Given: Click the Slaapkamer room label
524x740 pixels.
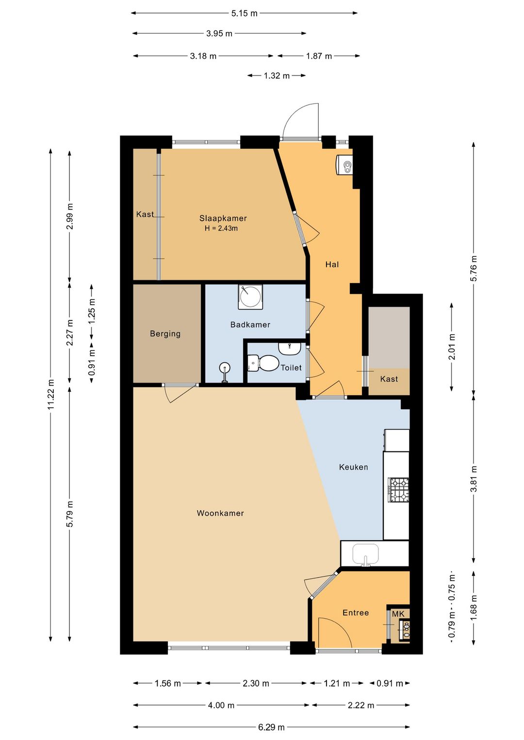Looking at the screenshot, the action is pos(223,218).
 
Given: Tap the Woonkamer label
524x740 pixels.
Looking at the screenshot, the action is pos(220,513).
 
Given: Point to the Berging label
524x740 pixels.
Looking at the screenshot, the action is pos(165,334).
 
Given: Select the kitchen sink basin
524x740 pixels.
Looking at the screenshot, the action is pos(365,554).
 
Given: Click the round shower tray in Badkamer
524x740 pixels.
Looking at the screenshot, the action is pos(250,297).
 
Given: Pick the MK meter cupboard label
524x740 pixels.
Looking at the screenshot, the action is pos(398,605).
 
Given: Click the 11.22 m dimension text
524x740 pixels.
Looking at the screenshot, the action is pos(50,394).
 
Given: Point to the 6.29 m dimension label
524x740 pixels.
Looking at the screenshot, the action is pos(271,727).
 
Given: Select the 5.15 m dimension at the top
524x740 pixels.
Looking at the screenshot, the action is pos(244,14).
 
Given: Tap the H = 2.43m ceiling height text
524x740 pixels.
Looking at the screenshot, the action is pos(221,228).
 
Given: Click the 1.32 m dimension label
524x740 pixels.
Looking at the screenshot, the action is pos(277,76).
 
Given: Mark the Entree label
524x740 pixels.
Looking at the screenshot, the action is pos(356,604).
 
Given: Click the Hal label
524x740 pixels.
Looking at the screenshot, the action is pos(332,265).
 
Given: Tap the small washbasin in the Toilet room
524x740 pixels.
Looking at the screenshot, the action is pos(289,348).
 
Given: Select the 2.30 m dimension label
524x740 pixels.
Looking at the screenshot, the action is pos(256,683).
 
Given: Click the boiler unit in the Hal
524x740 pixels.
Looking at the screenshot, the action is pos(344,164).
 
